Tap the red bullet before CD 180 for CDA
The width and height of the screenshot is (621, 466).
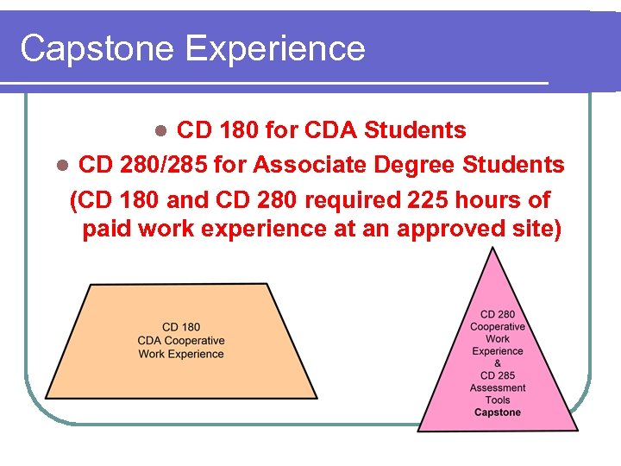coord(160,131)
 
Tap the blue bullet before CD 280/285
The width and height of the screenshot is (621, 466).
coord(60,165)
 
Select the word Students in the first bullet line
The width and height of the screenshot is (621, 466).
coord(415,130)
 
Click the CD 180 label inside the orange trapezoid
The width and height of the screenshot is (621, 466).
coord(180,327)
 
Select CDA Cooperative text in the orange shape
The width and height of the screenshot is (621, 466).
coord(180,341)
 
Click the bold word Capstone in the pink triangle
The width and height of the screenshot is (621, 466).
coord(498,412)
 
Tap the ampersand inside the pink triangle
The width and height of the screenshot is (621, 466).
coord(498,363)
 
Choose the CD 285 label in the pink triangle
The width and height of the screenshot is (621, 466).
coord(498,375)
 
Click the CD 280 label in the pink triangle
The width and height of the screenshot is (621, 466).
coord(498,315)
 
